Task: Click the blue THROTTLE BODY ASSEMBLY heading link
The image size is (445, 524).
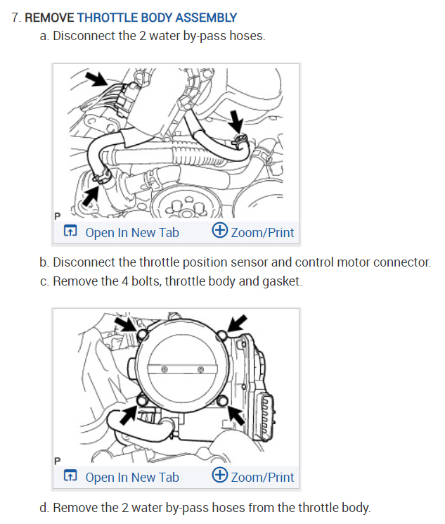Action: [157, 18]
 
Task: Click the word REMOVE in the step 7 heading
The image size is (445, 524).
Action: [50, 18]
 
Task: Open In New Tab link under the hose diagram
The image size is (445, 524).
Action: [131, 232]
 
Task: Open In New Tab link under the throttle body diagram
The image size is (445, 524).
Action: [131, 477]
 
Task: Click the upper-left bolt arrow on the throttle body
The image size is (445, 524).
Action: [127, 324]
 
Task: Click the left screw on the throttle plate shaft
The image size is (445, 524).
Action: [163, 369]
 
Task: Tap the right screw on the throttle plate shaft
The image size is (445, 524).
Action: [201, 369]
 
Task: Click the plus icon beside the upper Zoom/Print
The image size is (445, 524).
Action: [219, 231]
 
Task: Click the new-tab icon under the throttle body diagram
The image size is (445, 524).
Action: [70, 477]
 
